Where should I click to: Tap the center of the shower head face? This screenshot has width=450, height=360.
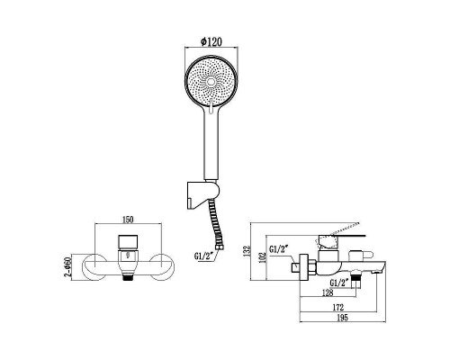[213, 83]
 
